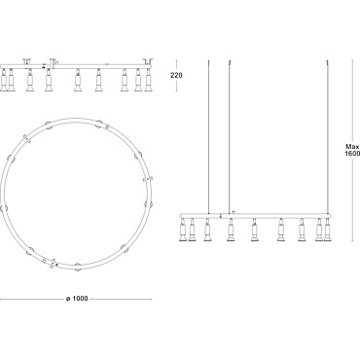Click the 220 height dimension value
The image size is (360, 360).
click(x=176, y=75)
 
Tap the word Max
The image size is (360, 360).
click(x=352, y=147)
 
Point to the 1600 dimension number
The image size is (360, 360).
click(x=352, y=154)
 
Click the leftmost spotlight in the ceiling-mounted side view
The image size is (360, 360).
click(x=4, y=80)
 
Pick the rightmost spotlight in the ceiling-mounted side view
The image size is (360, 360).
click(x=149, y=80)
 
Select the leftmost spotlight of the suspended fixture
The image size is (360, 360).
click(x=183, y=230)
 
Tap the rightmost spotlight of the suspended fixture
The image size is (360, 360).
click(x=327, y=230)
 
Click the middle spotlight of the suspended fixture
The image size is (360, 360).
click(x=255, y=230)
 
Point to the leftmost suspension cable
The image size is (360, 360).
click(x=208, y=136)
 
